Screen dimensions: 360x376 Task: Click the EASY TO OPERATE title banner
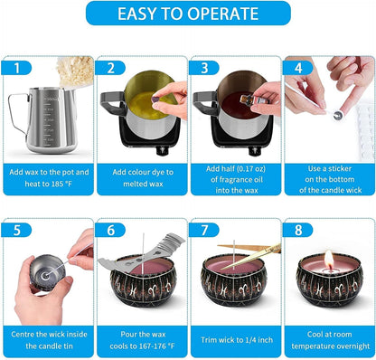[x=188, y=13]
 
